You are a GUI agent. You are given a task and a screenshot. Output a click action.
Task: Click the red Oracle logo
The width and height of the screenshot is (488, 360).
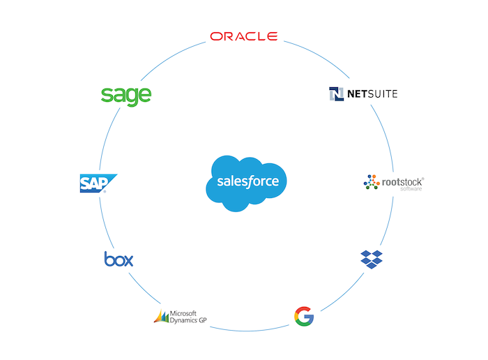244,36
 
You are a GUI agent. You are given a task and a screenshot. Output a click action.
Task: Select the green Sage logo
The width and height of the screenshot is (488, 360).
126,95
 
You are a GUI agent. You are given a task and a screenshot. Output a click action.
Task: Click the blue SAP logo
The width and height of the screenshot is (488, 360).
97,183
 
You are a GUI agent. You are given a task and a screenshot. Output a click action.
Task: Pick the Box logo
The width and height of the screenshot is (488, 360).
119,260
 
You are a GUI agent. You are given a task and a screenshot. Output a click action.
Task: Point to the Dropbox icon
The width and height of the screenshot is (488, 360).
372,258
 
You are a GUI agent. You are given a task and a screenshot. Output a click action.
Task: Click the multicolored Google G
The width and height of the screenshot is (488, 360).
304,316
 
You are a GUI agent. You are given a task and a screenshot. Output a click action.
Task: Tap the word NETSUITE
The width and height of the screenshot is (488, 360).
372,93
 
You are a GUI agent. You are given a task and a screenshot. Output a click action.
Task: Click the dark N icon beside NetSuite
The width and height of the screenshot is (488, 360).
337,93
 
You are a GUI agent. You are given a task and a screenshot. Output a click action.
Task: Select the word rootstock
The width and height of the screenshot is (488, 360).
403,182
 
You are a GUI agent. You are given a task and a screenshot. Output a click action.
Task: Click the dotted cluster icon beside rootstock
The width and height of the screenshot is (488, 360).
372,183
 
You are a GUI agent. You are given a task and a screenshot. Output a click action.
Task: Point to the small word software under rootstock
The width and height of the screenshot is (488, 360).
411,190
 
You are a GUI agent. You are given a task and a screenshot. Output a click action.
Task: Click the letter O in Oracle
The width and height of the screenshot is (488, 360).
216,36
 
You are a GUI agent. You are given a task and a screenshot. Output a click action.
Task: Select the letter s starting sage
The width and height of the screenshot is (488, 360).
106,96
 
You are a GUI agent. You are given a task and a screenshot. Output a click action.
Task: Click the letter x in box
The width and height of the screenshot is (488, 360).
128,260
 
